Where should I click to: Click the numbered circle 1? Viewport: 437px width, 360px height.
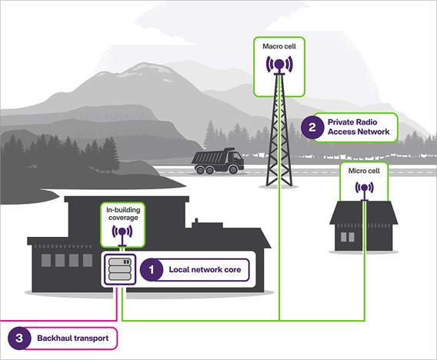point(152,269)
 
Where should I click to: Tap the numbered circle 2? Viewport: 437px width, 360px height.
point(312,127)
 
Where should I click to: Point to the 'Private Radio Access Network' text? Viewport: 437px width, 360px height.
point(359,127)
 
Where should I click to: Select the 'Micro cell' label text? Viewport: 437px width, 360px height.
point(365,169)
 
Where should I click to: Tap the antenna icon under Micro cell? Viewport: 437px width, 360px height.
point(365,187)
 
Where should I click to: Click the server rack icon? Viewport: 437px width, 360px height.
point(119,269)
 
